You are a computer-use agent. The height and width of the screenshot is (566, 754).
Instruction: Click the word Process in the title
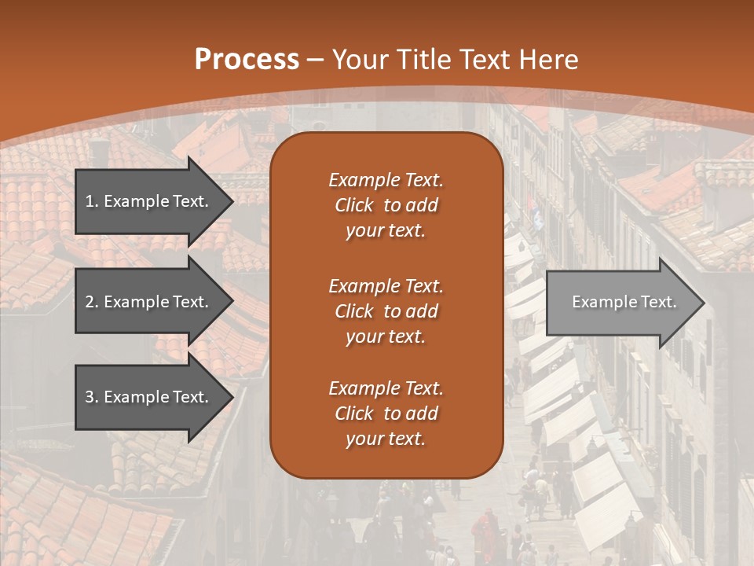[247, 59]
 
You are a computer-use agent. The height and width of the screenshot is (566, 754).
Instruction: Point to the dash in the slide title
[316, 61]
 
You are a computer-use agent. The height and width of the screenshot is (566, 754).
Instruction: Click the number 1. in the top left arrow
[92, 201]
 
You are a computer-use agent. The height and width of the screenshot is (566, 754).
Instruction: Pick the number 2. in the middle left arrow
[92, 302]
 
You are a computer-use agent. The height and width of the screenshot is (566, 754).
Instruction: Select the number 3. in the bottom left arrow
[92, 397]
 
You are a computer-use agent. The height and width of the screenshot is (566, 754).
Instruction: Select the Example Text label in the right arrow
[624, 302]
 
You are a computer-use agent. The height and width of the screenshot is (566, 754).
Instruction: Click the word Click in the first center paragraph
[354, 205]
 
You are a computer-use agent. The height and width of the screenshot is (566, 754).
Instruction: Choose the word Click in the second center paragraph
[354, 311]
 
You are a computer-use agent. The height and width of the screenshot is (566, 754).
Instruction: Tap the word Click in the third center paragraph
[354, 413]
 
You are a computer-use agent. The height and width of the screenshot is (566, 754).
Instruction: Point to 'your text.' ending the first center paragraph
[386, 231]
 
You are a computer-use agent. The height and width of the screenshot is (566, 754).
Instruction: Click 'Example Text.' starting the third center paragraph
[386, 388]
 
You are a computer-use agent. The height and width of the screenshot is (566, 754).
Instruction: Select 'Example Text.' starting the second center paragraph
[386, 286]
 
